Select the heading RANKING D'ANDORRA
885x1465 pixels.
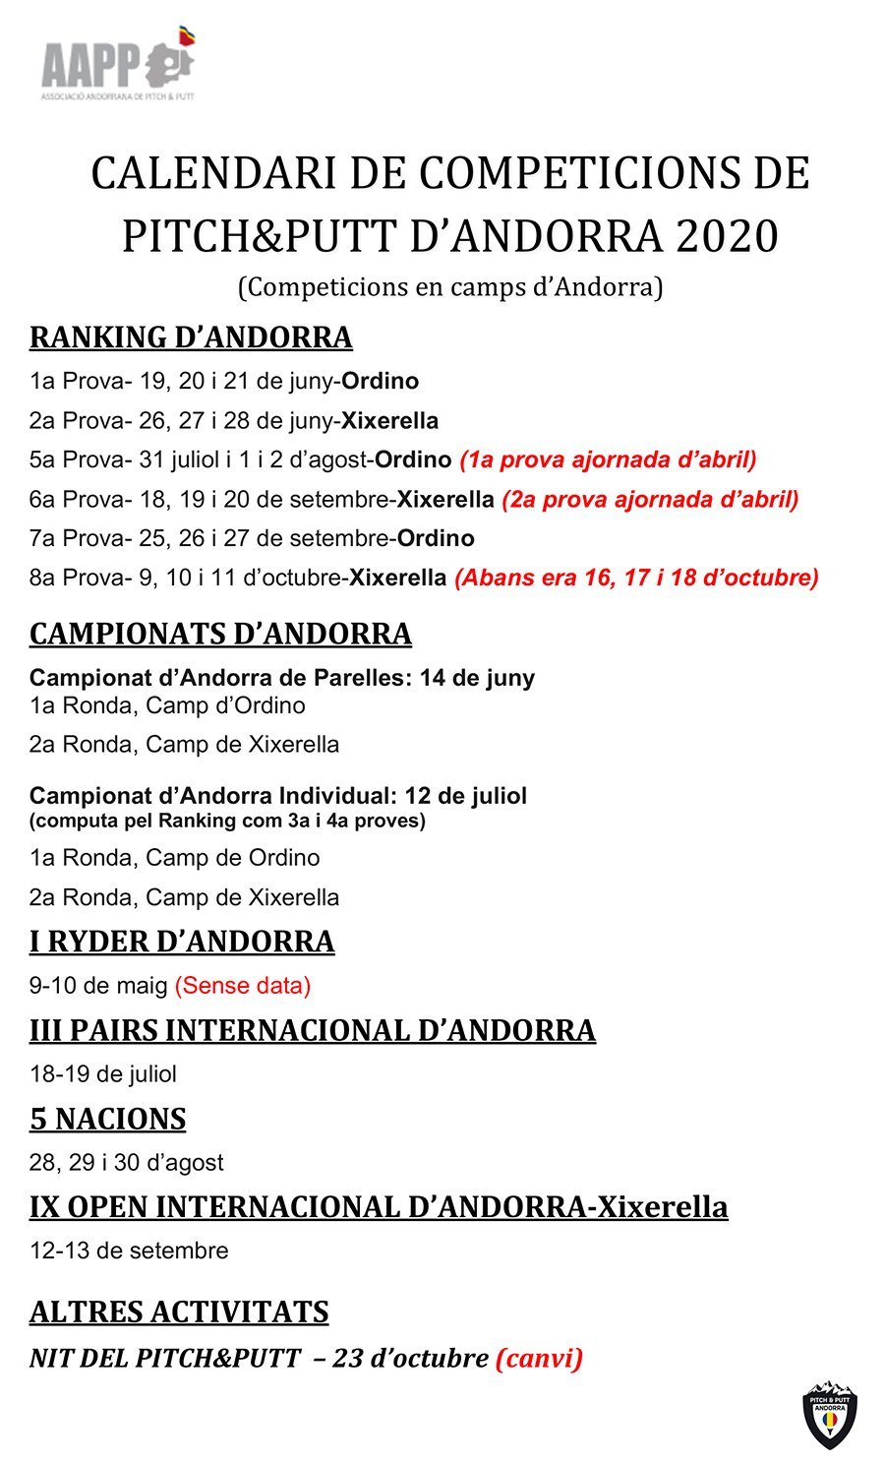point(191,336)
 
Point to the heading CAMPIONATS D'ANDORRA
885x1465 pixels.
point(220,634)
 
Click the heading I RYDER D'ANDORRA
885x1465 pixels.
point(182,942)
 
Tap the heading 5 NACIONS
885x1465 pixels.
point(107,1119)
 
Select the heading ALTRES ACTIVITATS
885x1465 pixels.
point(179,1312)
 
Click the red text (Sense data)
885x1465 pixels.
point(243,985)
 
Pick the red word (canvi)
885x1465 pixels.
point(540,1358)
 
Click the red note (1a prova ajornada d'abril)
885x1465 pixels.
point(608,459)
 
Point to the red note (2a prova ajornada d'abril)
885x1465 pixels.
point(650,499)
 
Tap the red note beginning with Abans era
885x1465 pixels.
point(636,578)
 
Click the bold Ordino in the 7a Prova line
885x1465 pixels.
point(436,538)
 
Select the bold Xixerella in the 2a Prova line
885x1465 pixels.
point(389,420)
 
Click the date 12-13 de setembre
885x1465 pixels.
point(129,1251)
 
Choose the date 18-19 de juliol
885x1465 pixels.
point(103,1073)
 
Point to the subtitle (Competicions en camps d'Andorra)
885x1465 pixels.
point(450,286)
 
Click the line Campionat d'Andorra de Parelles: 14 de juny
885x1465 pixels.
point(282,677)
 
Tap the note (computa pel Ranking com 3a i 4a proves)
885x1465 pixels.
point(227,821)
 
